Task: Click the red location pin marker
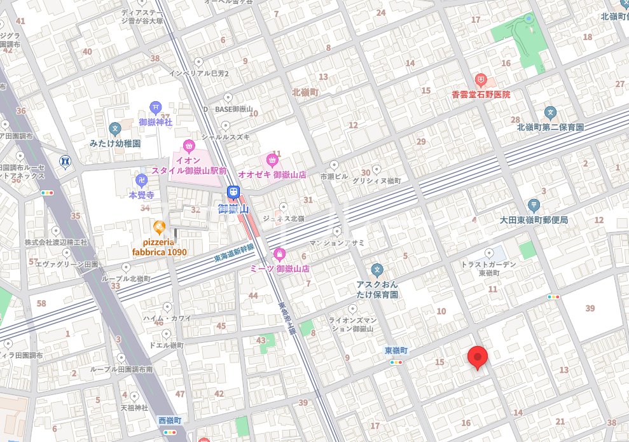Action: pyautogui.click(x=478, y=357)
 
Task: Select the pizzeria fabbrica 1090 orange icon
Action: pyautogui.click(x=159, y=226)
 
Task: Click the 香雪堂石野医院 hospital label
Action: pyautogui.click(x=481, y=95)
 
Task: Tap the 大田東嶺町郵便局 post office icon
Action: pyautogui.click(x=533, y=205)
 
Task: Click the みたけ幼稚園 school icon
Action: pyautogui.click(x=115, y=129)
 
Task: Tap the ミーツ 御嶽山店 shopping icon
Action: pyautogui.click(x=279, y=255)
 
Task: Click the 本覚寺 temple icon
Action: pyautogui.click(x=142, y=181)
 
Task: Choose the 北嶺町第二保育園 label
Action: pyautogui.click(x=550, y=127)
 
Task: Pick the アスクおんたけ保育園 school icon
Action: pyautogui.click(x=377, y=270)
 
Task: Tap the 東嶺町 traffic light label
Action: pyautogui.click(x=396, y=351)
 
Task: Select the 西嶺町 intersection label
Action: pyautogui.click(x=170, y=421)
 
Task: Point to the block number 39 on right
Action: pyautogui.click(x=590, y=308)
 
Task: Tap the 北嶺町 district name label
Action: pyautogui.click(x=306, y=92)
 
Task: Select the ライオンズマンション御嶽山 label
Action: pyautogui.click(x=350, y=324)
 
